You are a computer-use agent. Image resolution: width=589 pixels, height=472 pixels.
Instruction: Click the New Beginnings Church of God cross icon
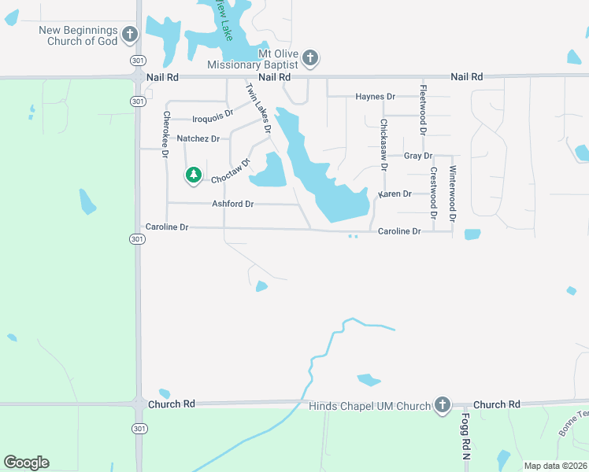[x=130, y=35]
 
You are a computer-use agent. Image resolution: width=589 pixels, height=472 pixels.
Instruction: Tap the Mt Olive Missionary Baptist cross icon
[x=310, y=57]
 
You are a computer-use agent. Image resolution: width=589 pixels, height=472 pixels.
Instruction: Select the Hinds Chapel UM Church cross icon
[x=442, y=405]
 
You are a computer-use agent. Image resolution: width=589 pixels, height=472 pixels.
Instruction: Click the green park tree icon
[x=193, y=175]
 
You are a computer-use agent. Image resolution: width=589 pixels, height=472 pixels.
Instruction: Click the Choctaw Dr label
[x=231, y=172]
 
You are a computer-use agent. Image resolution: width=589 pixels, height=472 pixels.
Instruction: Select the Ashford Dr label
[x=232, y=204]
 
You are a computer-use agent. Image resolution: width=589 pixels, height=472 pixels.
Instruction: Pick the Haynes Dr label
[x=375, y=97]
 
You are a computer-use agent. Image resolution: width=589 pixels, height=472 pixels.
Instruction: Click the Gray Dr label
[x=413, y=156]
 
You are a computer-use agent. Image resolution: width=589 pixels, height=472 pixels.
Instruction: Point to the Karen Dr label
[x=395, y=194]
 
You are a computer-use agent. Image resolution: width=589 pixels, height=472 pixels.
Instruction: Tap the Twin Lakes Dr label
[x=259, y=107]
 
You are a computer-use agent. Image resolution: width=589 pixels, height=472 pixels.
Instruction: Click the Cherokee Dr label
[x=166, y=134]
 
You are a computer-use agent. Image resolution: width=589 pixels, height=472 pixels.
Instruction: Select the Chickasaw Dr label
[x=383, y=145]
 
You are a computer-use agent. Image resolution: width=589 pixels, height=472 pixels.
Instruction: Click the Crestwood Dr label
[x=433, y=192]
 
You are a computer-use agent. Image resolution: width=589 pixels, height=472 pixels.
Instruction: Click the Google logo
[x=26, y=463]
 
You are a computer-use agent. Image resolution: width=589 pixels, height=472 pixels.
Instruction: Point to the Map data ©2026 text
[x=555, y=466]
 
